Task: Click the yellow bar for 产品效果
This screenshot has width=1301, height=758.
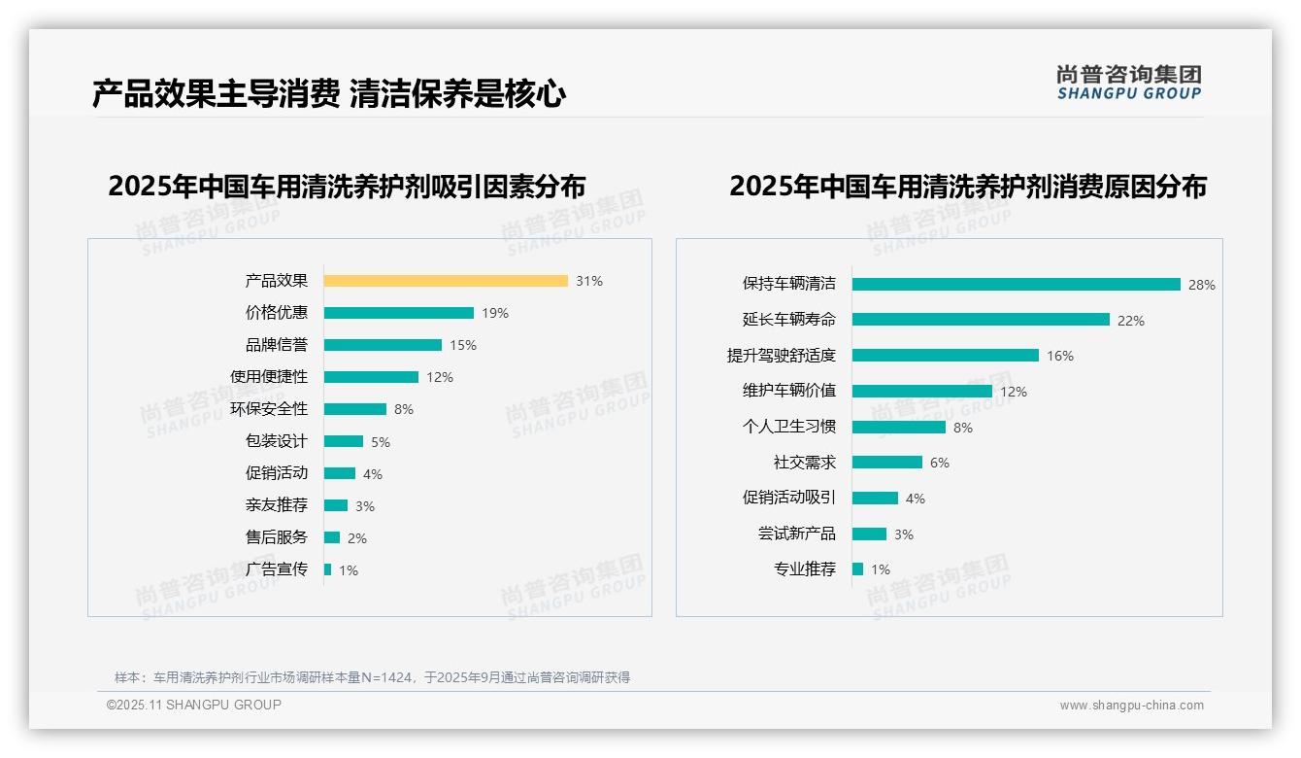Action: coord(446,281)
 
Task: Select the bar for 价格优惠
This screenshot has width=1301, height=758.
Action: coord(398,313)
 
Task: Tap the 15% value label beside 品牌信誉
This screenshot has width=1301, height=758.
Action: coord(463,345)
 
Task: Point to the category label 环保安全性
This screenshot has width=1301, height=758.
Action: coord(269,409)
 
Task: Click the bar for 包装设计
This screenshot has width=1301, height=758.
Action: coord(344,441)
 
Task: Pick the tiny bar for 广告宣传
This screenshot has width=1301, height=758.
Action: coord(328,569)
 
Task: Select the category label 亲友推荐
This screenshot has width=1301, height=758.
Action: coord(277,505)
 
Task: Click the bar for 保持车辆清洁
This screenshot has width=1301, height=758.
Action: coord(1016,285)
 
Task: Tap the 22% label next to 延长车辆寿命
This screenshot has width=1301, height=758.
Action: coord(1131,321)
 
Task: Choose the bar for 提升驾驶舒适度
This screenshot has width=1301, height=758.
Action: coord(945,356)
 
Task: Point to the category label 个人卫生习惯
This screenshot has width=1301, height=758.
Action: coord(788,427)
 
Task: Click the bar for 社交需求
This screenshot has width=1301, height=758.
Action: coord(886,463)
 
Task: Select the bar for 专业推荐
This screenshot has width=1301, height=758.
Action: coord(858,569)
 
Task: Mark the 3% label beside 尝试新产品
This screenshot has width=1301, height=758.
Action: coord(904,534)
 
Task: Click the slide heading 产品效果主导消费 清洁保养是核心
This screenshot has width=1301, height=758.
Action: coord(329,94)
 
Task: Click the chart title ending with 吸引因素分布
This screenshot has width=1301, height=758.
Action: coord(347,187)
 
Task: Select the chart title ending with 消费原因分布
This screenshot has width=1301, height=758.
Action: coord(968,187)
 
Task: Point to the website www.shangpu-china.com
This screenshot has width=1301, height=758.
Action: coord(1131,706)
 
